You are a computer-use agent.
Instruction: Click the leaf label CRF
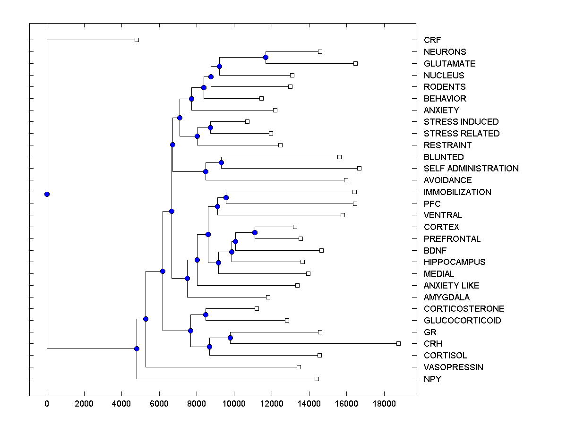click(432, 40)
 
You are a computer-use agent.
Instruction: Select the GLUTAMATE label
click(449, 63)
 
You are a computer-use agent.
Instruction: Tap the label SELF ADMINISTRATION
click(471, 169)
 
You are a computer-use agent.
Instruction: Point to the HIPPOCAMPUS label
click(455, 262)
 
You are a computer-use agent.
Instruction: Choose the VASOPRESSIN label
click(454, 367)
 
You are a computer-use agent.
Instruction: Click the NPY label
click(432, 379)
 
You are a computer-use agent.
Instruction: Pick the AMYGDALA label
click(447, 297)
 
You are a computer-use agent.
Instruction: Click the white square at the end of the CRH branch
click(398, 343)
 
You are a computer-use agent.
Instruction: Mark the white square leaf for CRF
click(137, 40)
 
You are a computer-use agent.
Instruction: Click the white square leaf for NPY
click(317, 379)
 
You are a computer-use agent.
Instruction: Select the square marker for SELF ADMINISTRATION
click(359, 168)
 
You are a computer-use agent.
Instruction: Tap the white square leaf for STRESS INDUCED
click(247, 121)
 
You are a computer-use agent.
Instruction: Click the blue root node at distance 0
click(47, 194)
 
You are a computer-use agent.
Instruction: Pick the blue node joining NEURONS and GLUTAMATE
click(266, 57)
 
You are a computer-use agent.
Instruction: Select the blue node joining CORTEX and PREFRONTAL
click(255, 232)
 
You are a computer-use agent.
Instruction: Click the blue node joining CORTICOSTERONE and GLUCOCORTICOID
click(206, 314)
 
